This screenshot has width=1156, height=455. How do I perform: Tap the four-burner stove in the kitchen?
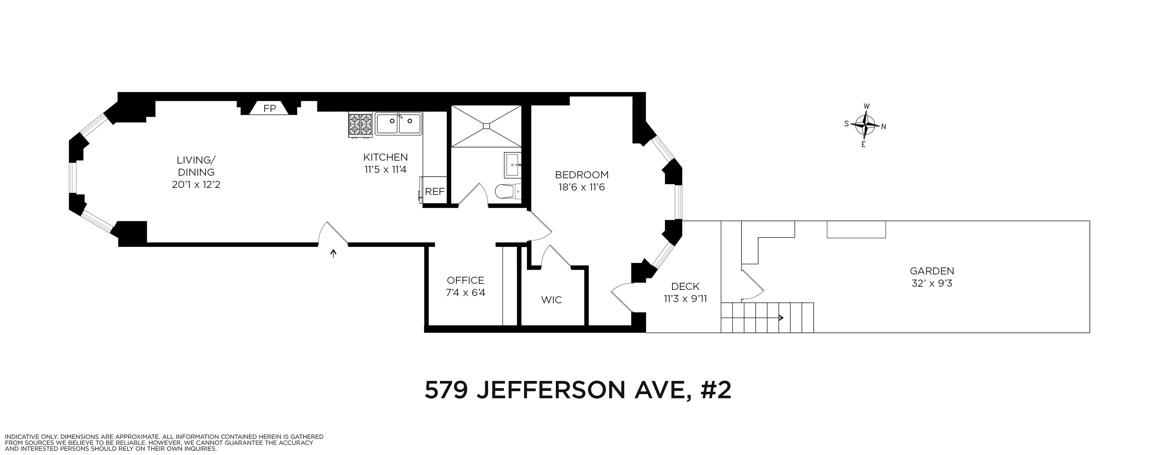tap(360, 125)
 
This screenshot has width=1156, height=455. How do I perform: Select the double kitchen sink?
tap(398, 124)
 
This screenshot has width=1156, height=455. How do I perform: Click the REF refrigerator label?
tap(434, 192)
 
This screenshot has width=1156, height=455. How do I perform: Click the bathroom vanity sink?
tap(513, 165)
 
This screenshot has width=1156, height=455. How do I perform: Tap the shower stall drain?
tap(486, 126)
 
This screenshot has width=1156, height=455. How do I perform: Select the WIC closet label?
tap(552, 300)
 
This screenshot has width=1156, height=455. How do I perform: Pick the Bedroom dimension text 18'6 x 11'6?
tap(582, 187)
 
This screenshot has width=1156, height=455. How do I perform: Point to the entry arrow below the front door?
tap(333, 254)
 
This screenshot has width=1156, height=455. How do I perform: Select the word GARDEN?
tap(932, 271)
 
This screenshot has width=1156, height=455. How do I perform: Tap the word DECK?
tap(685, 286)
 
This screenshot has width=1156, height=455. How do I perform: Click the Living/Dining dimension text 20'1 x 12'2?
tap(196, 185)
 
